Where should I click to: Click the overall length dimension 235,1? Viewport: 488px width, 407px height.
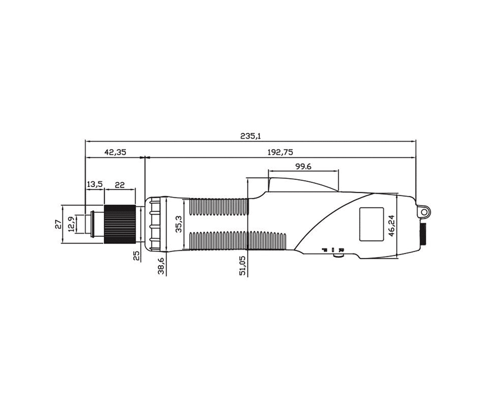tap(251, 136)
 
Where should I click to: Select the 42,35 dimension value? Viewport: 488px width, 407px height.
tap(115, 152)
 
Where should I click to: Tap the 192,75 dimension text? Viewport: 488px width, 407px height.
tap(280, 152)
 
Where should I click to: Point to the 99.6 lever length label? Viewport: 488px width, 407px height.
tap(303, 166)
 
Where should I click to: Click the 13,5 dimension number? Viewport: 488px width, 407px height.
tap(95, 184)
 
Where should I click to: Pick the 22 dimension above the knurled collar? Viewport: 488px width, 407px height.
tap(120, 185)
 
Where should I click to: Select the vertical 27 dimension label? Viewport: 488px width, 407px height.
tap(59, 224)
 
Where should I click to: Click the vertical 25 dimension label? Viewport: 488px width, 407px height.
tap(136, 256)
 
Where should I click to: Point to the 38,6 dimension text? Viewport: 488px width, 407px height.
tap(161, 265)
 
